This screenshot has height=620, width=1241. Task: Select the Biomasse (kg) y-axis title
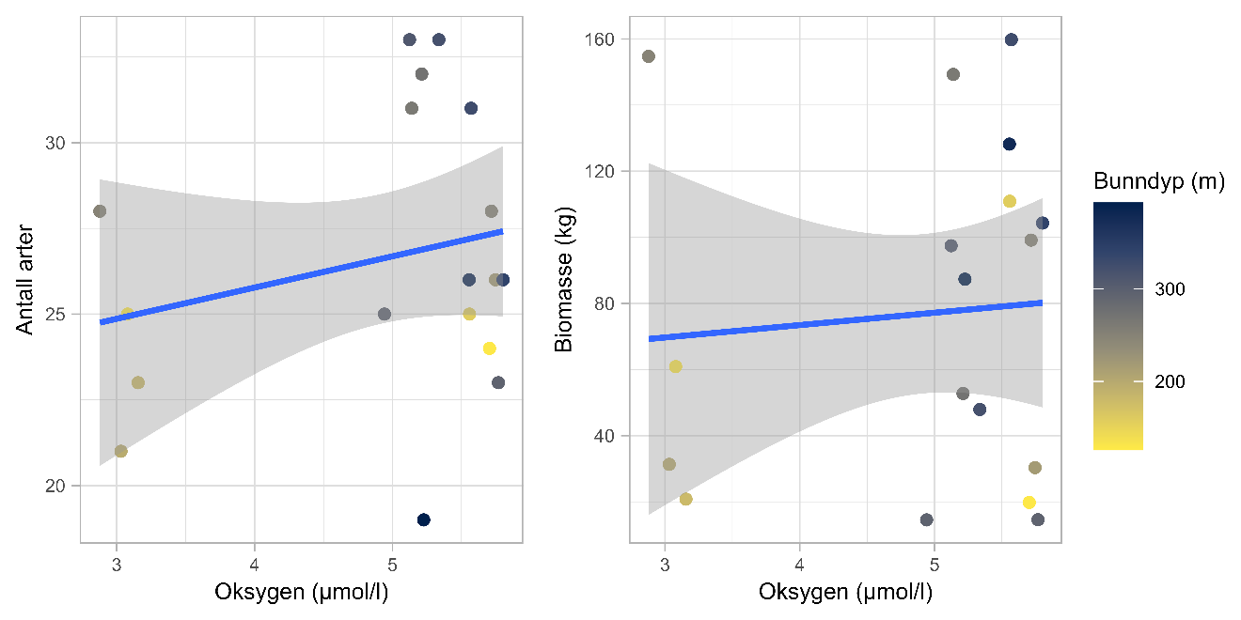[563, 279]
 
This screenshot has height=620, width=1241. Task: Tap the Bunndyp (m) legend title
[1158, 182]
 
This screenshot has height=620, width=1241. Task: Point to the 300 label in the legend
[1170, 288]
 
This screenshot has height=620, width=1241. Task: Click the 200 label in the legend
[1170, 381]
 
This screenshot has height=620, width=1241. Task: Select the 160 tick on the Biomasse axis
[602, 39]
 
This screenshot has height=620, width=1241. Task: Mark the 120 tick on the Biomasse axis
[602, 171]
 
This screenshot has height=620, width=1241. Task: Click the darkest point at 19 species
[424, 519]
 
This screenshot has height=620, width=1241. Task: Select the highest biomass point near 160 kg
[1012, 39]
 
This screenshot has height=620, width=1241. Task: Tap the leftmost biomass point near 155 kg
[648, 56]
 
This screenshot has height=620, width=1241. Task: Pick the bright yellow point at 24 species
[489, 349]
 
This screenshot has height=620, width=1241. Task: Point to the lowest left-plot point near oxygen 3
[120, 451]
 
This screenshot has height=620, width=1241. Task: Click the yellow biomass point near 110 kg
[1010, 201]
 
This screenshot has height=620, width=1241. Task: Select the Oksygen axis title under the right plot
[845, 593]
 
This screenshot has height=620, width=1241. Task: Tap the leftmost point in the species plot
[100, 211]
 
